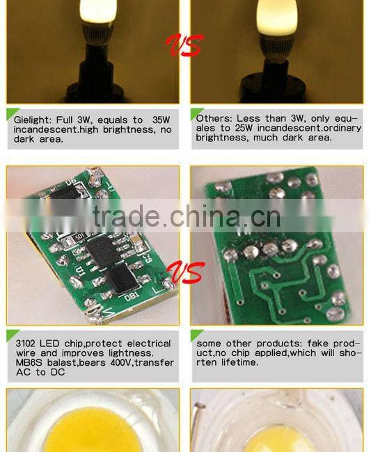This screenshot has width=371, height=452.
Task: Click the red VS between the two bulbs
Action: pyautogui.click(x=184, y=46)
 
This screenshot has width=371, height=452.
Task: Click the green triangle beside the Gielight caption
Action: pyautogui.click(x=11, y=113)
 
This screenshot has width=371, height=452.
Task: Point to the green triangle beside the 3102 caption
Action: pyautogui.click(x=11, y=336)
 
